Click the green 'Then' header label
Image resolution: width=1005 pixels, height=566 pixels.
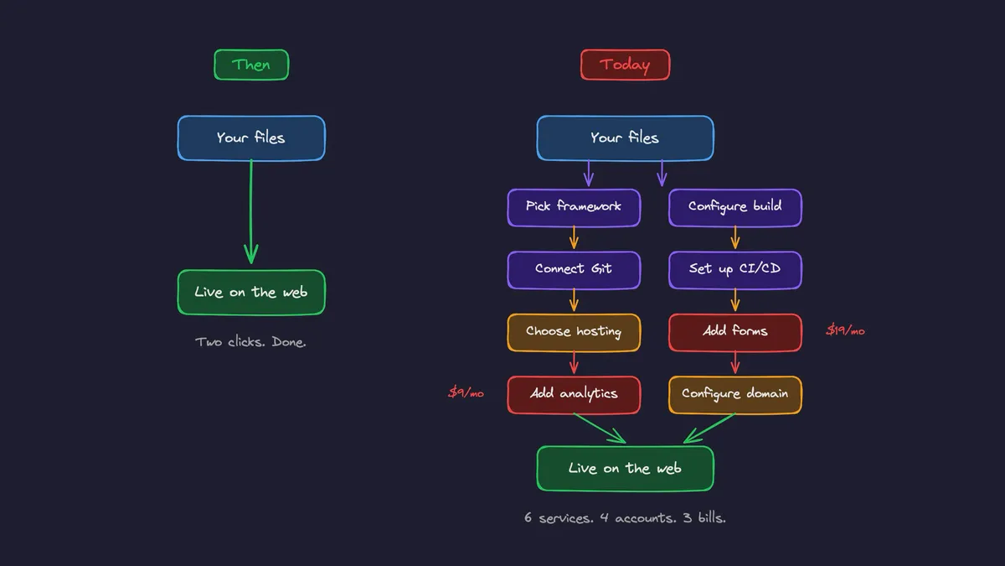251,65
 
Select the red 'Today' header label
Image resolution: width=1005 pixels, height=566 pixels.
625,65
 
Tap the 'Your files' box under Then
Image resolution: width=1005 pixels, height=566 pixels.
251,138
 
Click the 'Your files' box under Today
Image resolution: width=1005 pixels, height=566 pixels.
625,138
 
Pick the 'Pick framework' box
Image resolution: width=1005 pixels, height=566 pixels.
574,207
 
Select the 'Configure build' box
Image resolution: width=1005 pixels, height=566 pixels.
734,207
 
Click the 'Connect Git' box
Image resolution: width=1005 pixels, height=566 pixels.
574,270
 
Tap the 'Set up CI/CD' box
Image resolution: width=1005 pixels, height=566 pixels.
734,270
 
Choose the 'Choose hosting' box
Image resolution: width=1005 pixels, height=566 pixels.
574,332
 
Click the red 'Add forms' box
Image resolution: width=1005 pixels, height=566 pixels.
734,332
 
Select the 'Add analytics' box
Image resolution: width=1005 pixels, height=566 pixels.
574,394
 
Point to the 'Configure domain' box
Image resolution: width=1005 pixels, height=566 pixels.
734,394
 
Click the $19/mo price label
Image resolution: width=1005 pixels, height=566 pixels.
845,331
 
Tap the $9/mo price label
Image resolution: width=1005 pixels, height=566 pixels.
466,392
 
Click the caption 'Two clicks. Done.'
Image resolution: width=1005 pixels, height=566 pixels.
250,342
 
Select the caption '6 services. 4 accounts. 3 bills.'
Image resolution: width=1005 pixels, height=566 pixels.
625,518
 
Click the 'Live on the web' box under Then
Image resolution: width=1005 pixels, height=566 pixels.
251,293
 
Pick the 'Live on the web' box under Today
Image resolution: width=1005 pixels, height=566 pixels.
625,469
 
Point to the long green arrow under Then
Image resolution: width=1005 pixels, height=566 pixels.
250,210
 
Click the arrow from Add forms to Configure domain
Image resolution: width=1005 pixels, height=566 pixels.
735,363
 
